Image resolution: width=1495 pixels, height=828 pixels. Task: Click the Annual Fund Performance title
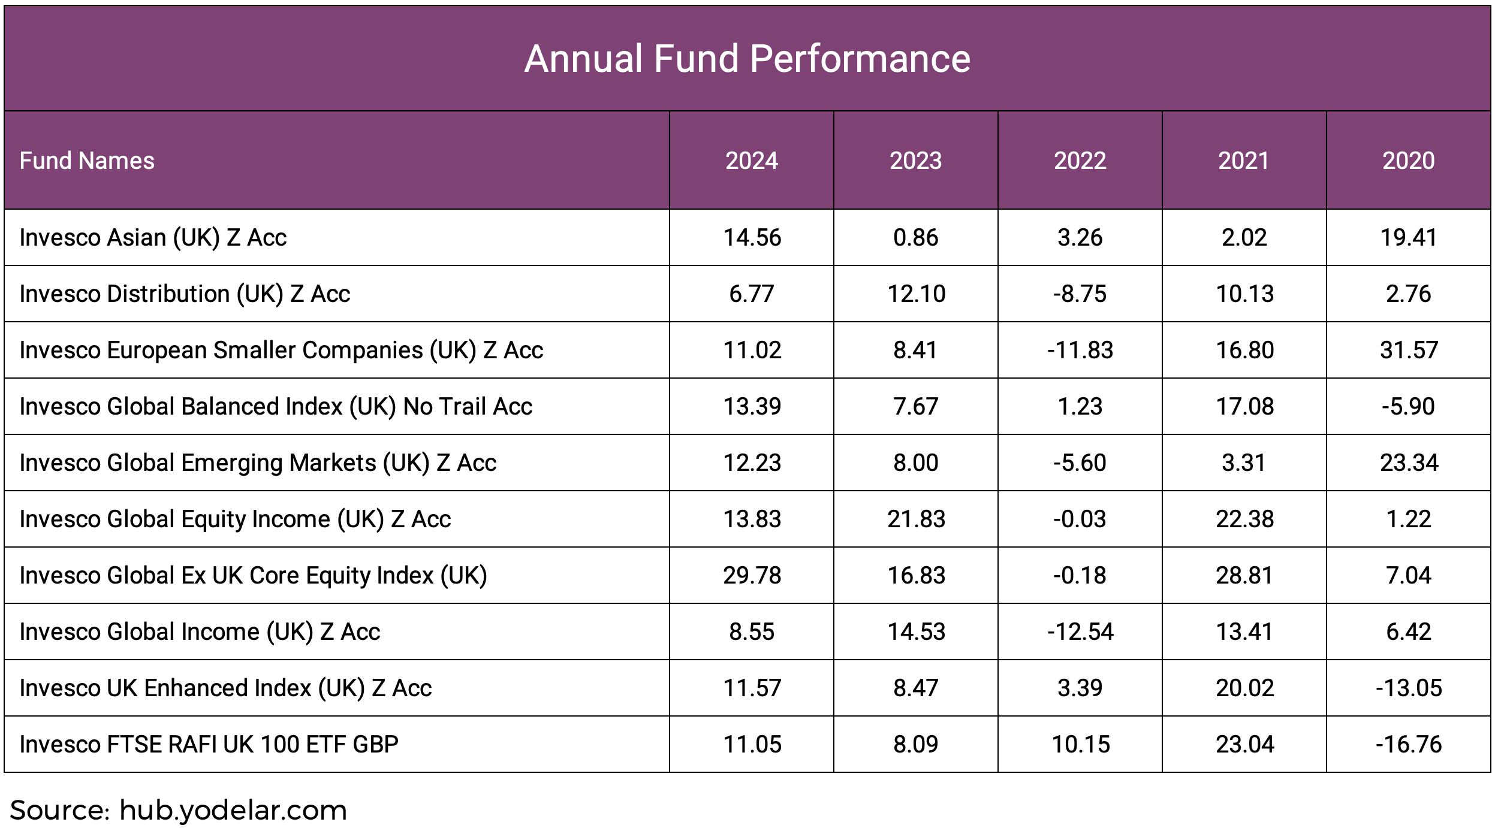pos(747,59)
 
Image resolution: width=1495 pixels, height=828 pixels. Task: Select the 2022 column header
pos(1080,161)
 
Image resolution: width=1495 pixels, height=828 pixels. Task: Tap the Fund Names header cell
pos(87,161)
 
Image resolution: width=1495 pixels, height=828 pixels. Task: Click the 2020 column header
pos(1408,161)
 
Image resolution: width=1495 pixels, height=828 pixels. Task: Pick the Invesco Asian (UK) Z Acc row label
pos(153,238)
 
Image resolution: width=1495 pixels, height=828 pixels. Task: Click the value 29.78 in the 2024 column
pos(752,576)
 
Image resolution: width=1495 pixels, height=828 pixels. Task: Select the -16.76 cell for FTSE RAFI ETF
pos(1408,745)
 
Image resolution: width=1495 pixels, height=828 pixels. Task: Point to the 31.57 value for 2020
pos(1408,350)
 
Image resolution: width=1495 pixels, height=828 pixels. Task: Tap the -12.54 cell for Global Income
pos(1080,632)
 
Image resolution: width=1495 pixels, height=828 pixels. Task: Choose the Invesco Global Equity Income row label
pos(235,519)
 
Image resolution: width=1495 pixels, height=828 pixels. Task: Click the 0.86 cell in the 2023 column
pos(915,238)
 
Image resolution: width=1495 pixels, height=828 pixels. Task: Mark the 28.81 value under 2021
pos(1244,576)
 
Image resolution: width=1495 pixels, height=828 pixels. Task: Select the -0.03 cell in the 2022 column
pos(1080,519)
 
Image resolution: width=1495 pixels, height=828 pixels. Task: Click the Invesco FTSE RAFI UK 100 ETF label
pos(209,745)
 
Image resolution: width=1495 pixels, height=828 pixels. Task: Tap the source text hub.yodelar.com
pos(233,811)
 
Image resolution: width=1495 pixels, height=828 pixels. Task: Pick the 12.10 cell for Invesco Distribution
pos(915,294)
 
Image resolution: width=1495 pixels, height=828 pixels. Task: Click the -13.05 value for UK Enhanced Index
pos(1408,688)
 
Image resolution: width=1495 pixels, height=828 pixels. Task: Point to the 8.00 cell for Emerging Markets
pos(915,463)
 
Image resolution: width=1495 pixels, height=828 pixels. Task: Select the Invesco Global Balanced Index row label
pos(276,407)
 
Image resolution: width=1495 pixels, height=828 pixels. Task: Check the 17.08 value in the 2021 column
pos(1244,407)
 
